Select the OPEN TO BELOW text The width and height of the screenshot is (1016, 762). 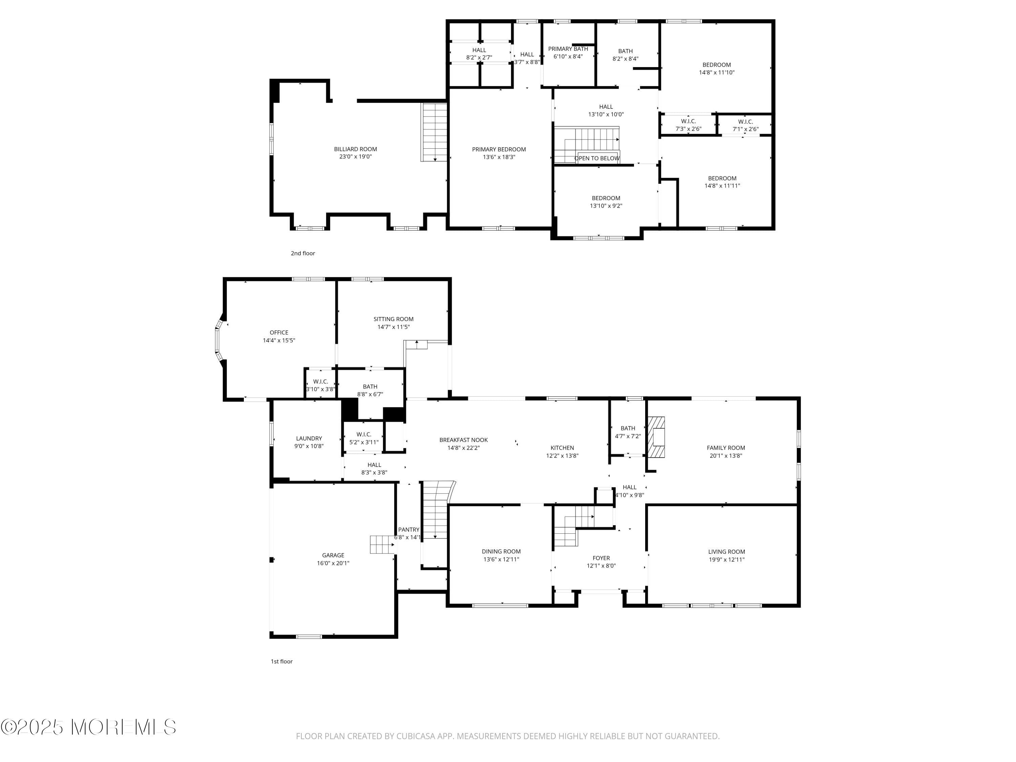point(597,158)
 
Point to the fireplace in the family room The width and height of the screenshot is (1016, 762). point(656,437)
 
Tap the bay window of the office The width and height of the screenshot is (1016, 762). point(219,340)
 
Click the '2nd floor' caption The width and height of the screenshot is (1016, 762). point(303,253)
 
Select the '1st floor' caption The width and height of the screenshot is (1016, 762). point(281,661)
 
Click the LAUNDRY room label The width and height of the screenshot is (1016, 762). point(309,438)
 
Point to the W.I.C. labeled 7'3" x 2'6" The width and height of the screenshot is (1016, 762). point(688,125)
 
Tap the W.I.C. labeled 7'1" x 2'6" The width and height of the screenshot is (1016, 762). point(745,125)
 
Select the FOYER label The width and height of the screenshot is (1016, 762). point(601,558)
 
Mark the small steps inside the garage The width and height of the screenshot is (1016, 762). point(382,544)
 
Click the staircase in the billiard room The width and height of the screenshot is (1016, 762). point(435,132)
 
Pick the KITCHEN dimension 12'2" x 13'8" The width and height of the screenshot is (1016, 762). point(562,456)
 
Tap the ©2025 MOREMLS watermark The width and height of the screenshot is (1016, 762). point(88,727)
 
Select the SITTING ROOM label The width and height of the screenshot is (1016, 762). point(393,319)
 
